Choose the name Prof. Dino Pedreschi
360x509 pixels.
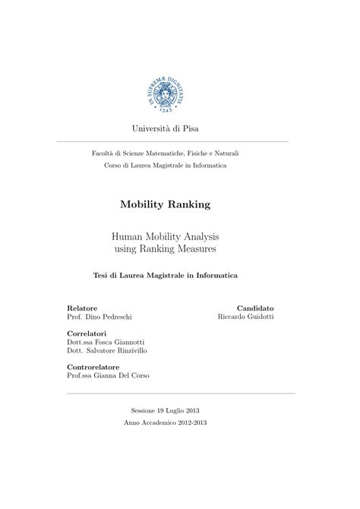99,317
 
